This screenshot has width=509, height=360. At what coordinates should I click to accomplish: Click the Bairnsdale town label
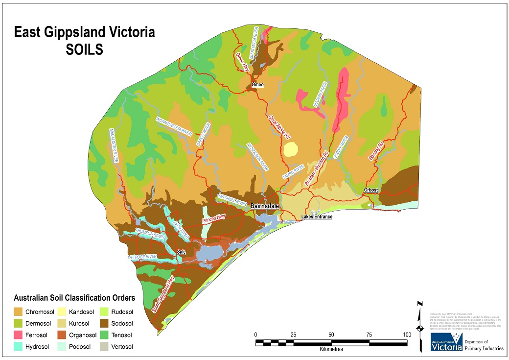point(265,206)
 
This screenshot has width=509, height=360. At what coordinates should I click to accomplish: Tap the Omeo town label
point(257,85)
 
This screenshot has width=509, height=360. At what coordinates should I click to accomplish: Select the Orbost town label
point(372,190)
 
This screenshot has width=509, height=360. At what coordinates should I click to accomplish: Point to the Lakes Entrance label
point(317,216)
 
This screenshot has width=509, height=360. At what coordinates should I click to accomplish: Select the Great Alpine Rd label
point(279,128)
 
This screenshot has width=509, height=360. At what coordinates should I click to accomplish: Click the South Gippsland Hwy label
point(163,294)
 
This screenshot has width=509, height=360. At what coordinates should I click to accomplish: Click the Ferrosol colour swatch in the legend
point(18,336)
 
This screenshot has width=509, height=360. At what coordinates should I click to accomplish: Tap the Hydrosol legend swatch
point(18,347)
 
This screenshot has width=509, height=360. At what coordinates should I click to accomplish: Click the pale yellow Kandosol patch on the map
point(290,149)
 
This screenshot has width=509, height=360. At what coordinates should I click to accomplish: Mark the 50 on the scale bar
point(331,334)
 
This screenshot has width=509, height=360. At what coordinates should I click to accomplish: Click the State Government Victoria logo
point(446,343)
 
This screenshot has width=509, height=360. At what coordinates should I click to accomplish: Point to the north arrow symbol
point(419,326)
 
